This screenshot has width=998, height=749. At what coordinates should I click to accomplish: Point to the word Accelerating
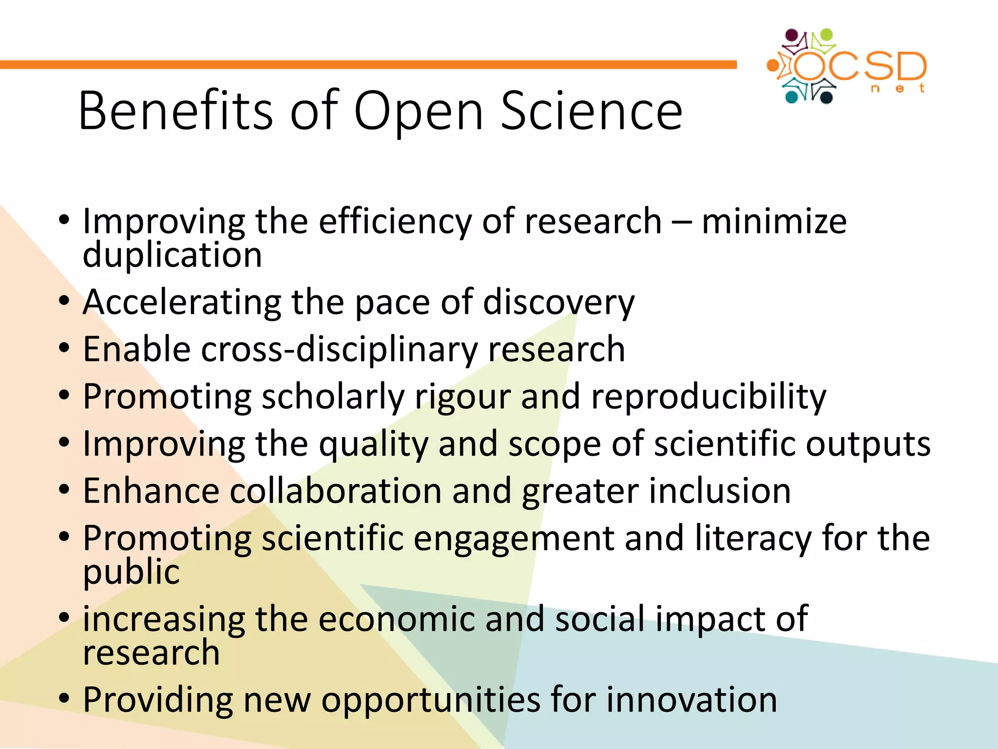click(182, 302)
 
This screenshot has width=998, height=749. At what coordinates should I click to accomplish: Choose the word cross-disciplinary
click(339, 350)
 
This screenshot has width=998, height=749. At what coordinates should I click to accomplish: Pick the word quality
click(373, 444)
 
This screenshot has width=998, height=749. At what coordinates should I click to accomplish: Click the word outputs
click(867, 444)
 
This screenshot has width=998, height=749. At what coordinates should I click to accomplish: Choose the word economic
click(397, 619)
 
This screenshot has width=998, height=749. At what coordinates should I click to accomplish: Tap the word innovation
click(691, 700)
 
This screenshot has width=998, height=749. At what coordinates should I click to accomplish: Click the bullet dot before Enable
click(64, 349)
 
